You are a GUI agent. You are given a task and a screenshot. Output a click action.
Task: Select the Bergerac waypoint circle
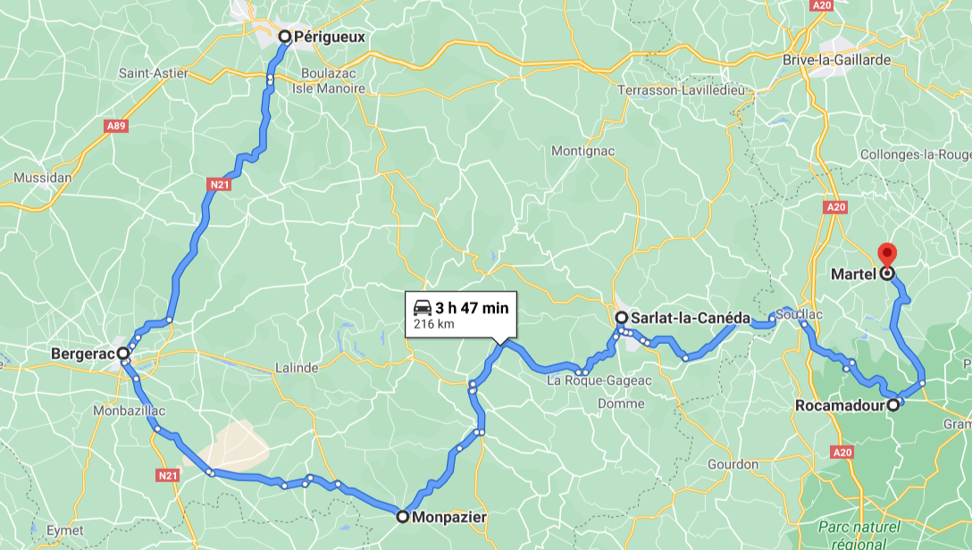[x=123, y=354]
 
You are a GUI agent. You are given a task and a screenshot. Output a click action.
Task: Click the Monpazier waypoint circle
[x=403, y=516]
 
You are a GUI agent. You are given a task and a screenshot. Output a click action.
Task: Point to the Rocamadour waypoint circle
[x=892, y=405]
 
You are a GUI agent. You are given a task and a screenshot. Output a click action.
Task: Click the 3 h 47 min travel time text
[x=472, y=308]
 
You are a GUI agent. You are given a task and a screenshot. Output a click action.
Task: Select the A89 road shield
[x=115, y=126]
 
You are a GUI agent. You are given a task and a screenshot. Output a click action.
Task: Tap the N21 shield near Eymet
[x=167, y=476]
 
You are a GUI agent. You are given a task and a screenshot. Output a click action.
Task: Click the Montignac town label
[x=582, y=151]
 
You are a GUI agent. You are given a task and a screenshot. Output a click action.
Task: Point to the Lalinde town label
[x=297, y=368]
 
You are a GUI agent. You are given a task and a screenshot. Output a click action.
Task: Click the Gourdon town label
[x=733, y=464]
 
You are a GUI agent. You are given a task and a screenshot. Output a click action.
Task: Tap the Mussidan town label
[x=42, y=178]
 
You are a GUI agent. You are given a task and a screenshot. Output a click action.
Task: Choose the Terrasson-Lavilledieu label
[x=683, y=91]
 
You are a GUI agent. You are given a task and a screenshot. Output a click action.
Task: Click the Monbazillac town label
[x=126, y=411]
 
